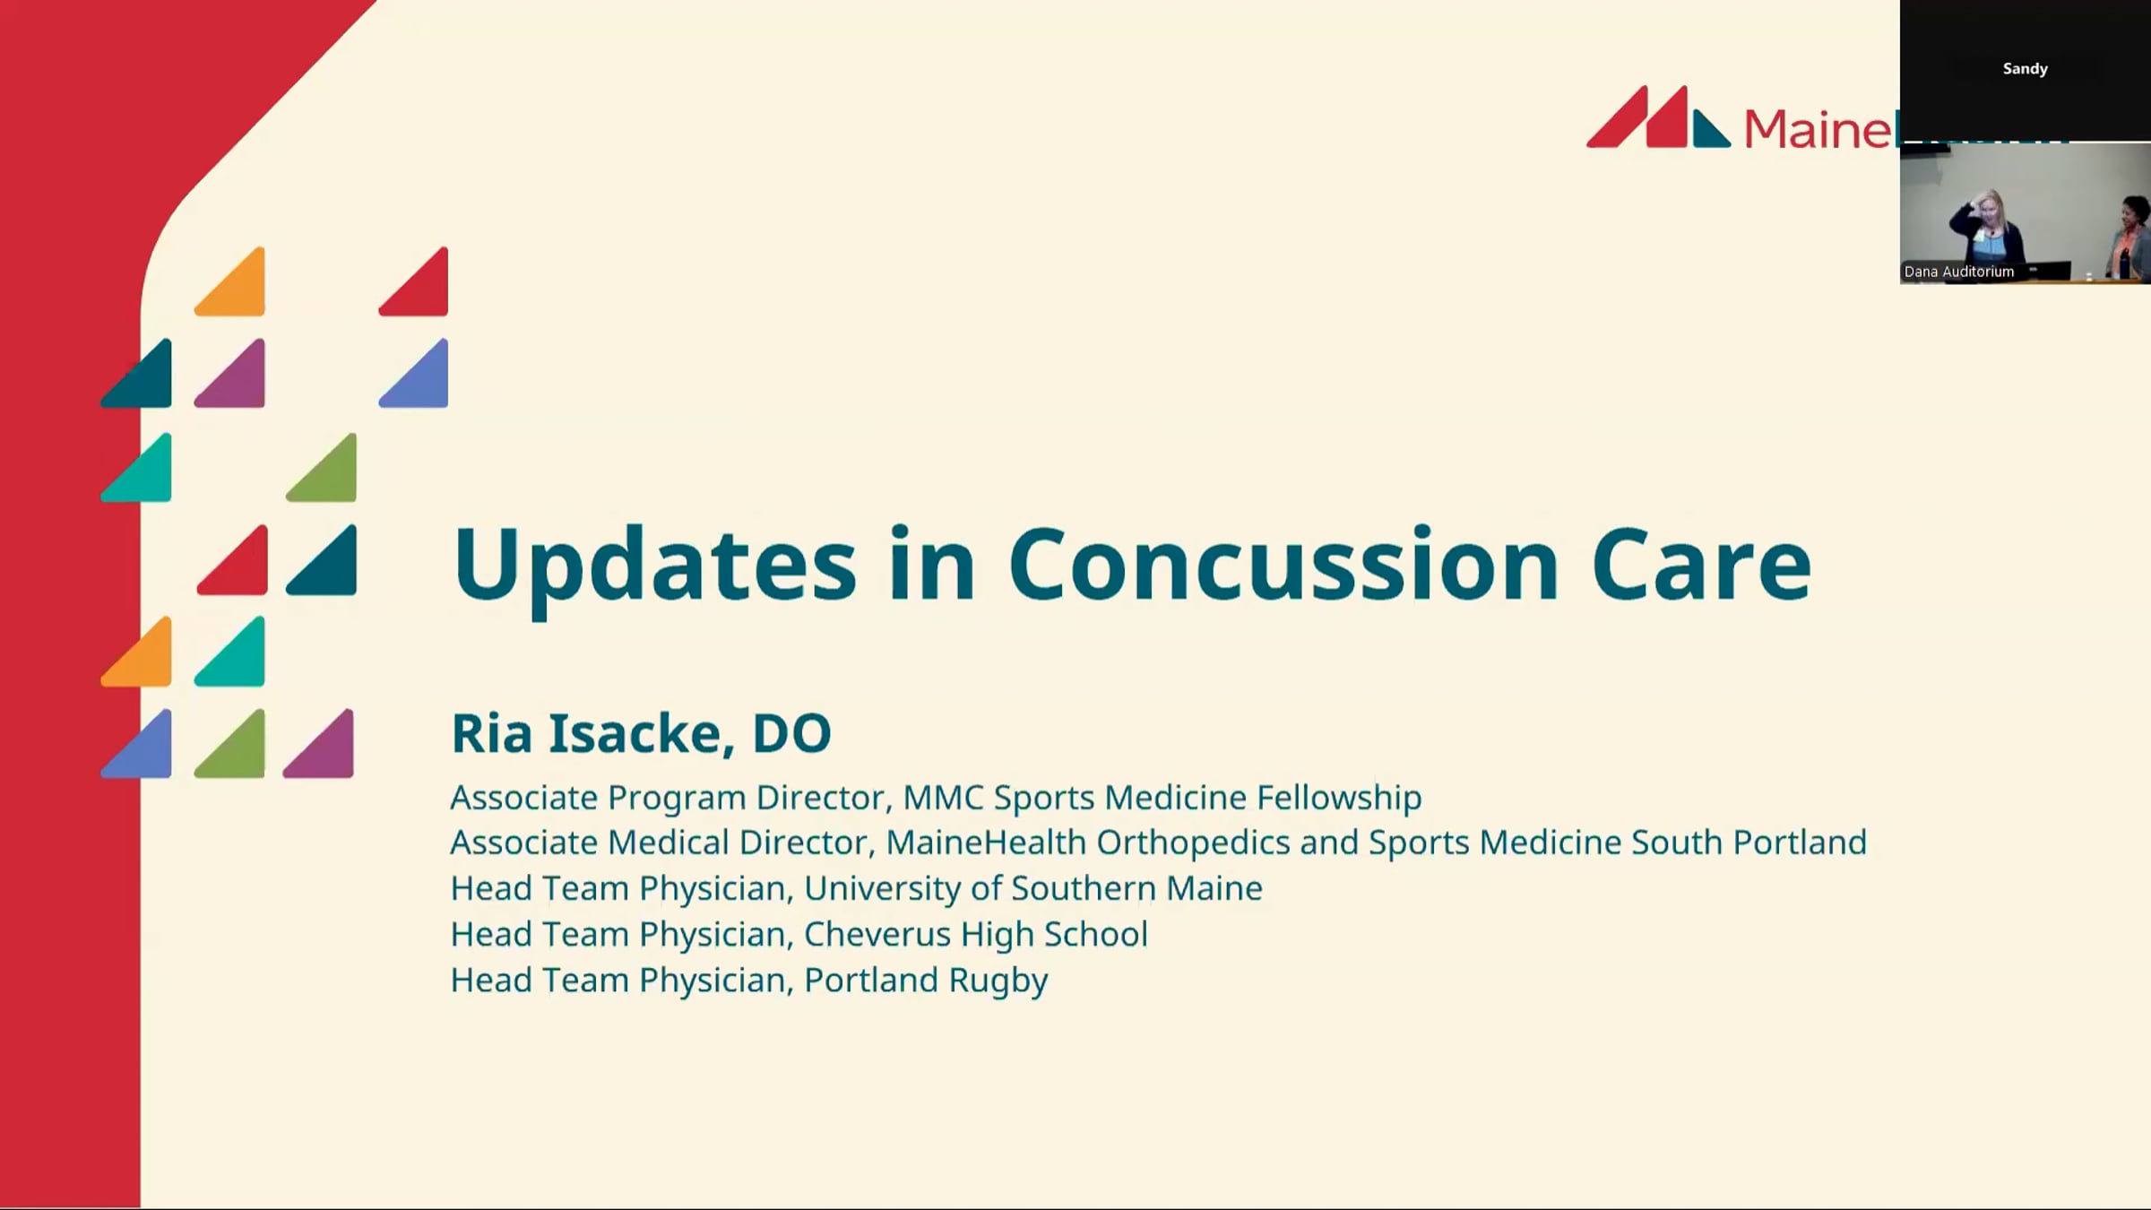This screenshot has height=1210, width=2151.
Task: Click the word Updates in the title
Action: [655, 566]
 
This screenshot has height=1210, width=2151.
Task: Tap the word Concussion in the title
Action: [1284, 564]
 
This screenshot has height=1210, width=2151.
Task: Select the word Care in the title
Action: [1701, 564]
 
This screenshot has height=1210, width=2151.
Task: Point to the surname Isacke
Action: [642, 733]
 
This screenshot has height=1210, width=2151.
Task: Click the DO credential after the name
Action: [792, 733]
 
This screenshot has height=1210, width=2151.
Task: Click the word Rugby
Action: [998, 981]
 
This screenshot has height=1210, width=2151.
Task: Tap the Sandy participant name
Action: [2026, 69]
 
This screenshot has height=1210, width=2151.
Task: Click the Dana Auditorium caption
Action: [1959, 272]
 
